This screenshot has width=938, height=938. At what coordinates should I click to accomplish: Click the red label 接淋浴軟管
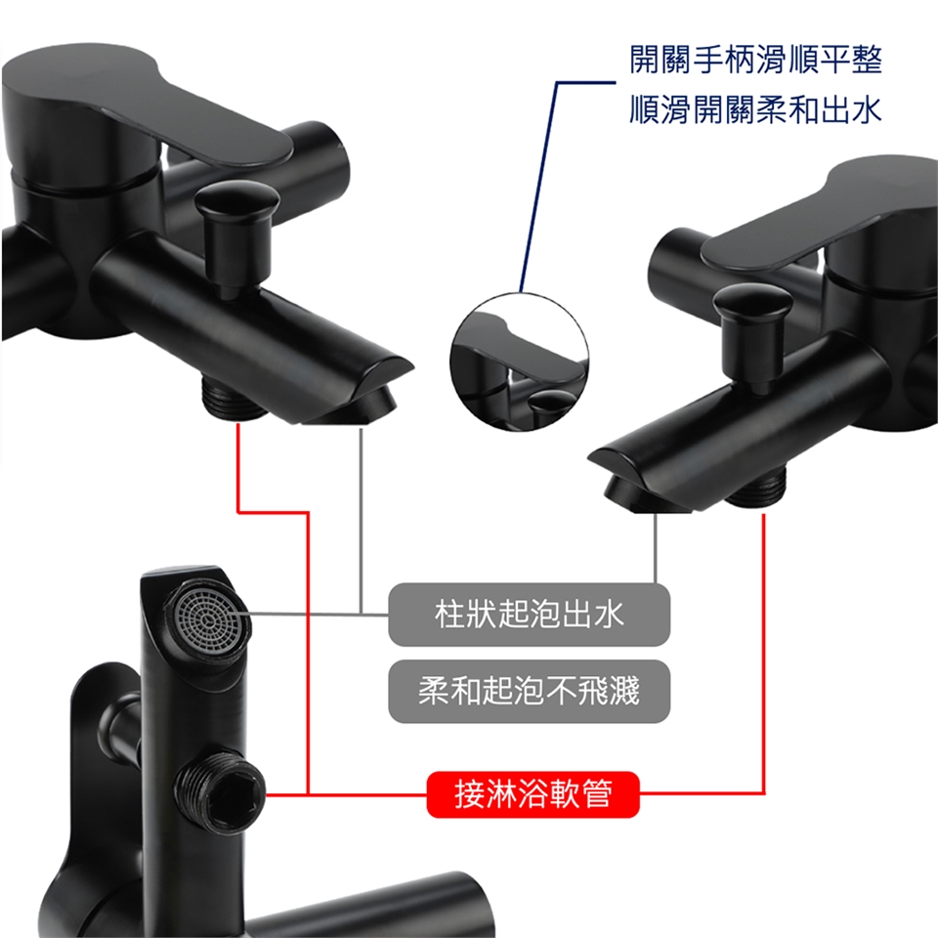click(533, 794)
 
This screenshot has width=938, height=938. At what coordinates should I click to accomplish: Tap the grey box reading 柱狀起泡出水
click(530, 615)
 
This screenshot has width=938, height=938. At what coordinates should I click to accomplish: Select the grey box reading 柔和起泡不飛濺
click(530, 691)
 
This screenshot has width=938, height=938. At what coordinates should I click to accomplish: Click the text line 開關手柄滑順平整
click(756, 60)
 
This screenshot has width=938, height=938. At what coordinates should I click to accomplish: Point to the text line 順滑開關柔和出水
click(756, 109)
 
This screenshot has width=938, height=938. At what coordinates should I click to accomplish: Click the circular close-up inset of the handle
click(519, 361)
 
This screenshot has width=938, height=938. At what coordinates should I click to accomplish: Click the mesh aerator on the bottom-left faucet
click(208, 618)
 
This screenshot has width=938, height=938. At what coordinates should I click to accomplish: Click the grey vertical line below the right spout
click(656, 547)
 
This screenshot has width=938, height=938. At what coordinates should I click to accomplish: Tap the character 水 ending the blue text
click(867, 109)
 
